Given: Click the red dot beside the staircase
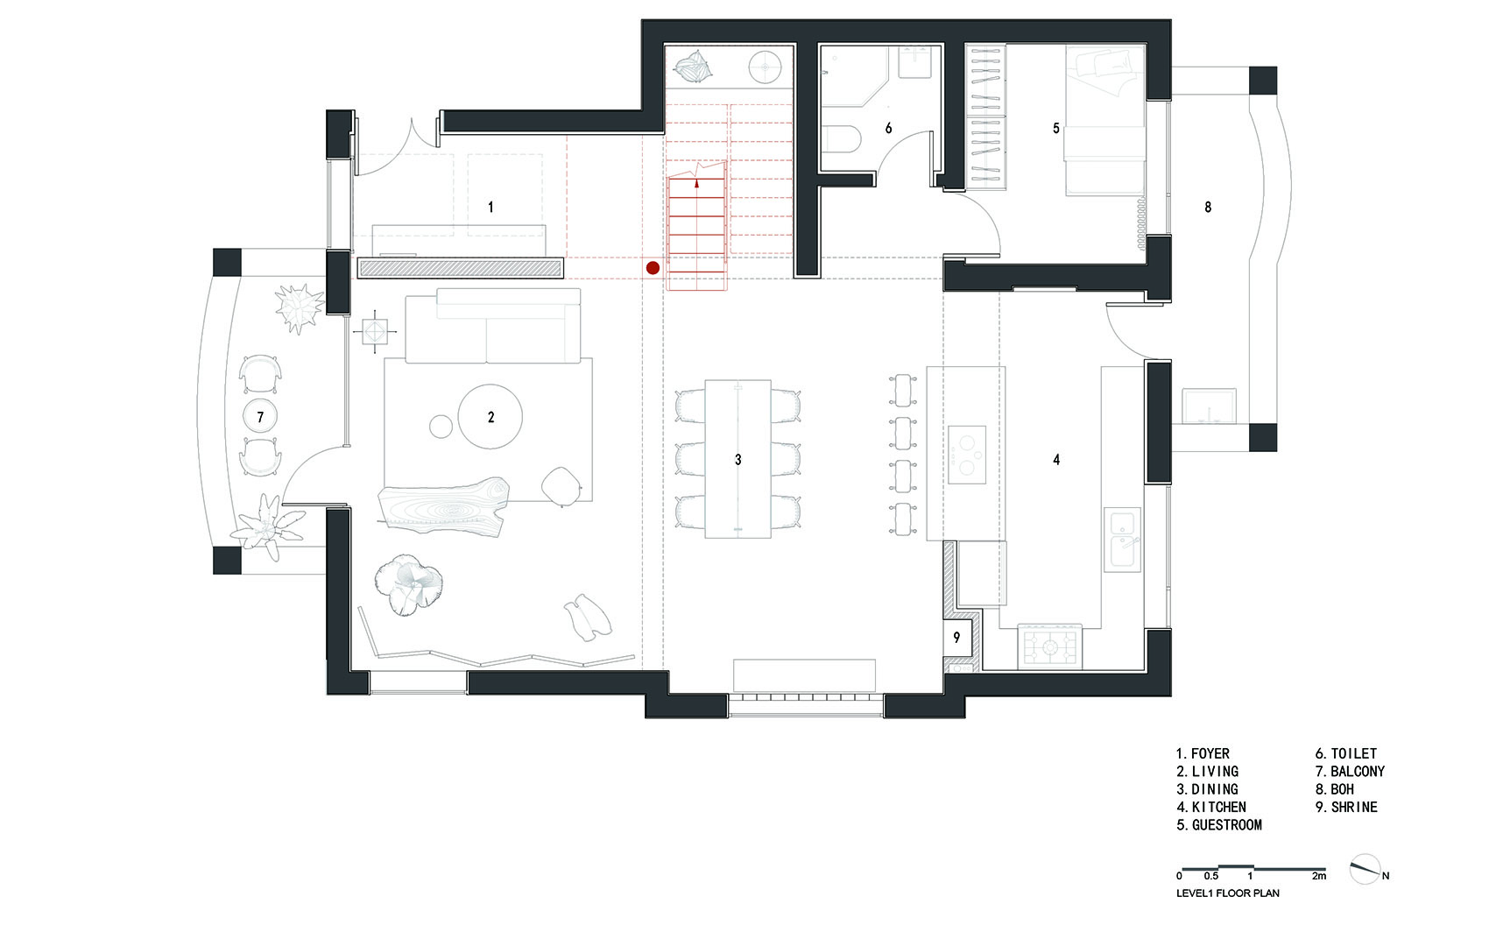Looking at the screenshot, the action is coord(653,268).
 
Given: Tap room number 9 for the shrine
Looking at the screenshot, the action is coord(956,638).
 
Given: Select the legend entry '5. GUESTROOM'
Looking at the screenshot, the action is coord(1219,825).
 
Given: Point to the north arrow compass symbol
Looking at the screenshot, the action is coord(1366,869).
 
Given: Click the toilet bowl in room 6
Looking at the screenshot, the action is coord(843,139).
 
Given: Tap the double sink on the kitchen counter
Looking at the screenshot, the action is coord(1123,540).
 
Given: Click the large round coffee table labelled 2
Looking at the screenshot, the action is coord(490,417).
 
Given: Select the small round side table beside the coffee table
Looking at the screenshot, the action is coord(441,426).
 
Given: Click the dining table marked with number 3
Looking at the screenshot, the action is coord(737,459).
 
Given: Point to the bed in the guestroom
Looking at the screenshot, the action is coord(1104,120).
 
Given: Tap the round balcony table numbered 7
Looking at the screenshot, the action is coord(260,417).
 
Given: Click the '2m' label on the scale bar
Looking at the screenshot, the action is coord(1319,876).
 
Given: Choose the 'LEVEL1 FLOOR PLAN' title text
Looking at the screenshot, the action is coord(1228,893).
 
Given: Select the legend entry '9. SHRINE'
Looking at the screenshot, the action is coord(1346,807).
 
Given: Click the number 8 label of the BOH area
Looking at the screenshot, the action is coord(1208,208).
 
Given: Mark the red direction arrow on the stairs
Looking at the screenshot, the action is coord(696,183).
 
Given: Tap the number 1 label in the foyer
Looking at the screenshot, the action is coord(490,208).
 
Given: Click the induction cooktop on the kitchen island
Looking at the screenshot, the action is coord(967,455).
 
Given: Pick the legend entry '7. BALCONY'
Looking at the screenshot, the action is coord(1350,772).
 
